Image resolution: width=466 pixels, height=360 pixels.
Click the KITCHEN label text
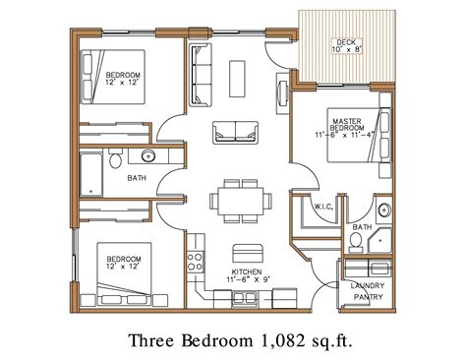click(246, 270)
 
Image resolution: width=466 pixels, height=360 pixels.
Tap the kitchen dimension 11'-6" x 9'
click(246, 281)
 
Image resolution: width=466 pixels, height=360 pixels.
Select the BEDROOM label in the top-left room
click(124, 75)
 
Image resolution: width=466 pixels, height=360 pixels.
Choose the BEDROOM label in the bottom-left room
click(124, 260)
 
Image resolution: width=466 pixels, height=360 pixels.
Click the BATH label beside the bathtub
click(137, 178)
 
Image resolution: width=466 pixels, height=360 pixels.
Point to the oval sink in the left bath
click(149, 155)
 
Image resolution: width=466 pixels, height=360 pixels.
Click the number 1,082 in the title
click(276, 340)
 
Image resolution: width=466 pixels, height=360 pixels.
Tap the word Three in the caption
click(153, 340)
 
